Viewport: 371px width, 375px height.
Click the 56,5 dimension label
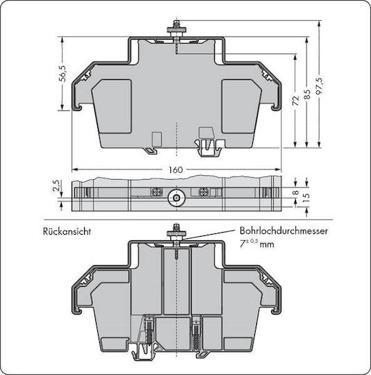[63, 74]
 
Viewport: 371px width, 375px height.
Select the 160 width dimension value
[176, 170]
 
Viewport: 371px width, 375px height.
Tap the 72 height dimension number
[296, 101]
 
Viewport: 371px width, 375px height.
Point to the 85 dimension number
[307, 94]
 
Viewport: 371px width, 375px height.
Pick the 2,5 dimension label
[56, 185]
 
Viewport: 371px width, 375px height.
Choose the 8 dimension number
[296, 192]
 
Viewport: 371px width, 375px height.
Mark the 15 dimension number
[306, 196]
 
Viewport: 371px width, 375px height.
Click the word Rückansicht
[67, 231]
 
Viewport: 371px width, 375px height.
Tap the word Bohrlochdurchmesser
[283, 231]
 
